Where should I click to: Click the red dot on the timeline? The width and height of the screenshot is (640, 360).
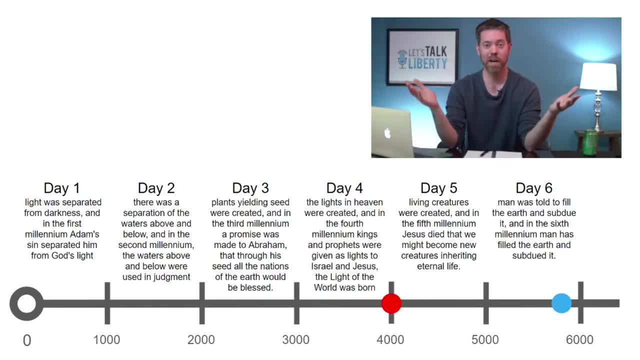click(391, 303)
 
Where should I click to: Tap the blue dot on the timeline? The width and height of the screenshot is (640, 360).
click(561, 303)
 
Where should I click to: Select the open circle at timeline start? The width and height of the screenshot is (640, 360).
click(26, 303)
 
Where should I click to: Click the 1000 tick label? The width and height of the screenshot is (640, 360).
click(106, 339)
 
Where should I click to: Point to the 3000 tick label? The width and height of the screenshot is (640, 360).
click(295, 339)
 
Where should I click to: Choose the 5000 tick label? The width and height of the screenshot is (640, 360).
click(485, 339)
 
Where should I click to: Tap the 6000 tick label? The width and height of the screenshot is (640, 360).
click(579, 339)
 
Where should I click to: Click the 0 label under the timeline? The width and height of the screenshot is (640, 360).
click(27, 340)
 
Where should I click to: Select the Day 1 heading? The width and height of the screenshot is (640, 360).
click(61, 188)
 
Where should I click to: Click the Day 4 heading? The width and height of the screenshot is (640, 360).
click(344, 188)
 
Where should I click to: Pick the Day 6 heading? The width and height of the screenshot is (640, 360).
click(533, 188)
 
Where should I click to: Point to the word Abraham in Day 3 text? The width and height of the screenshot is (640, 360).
click(267, 245)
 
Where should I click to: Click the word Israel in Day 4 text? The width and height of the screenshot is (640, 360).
click(322, 266)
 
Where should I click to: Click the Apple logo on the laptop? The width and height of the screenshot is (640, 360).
click(387, 133)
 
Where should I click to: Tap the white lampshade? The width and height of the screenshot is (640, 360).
click(598, 76)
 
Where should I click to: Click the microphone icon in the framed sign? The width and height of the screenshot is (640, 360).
click(402, 59)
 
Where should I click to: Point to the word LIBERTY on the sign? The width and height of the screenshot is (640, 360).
click(427, 63)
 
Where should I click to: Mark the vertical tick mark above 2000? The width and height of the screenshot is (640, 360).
click(201, 303)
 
